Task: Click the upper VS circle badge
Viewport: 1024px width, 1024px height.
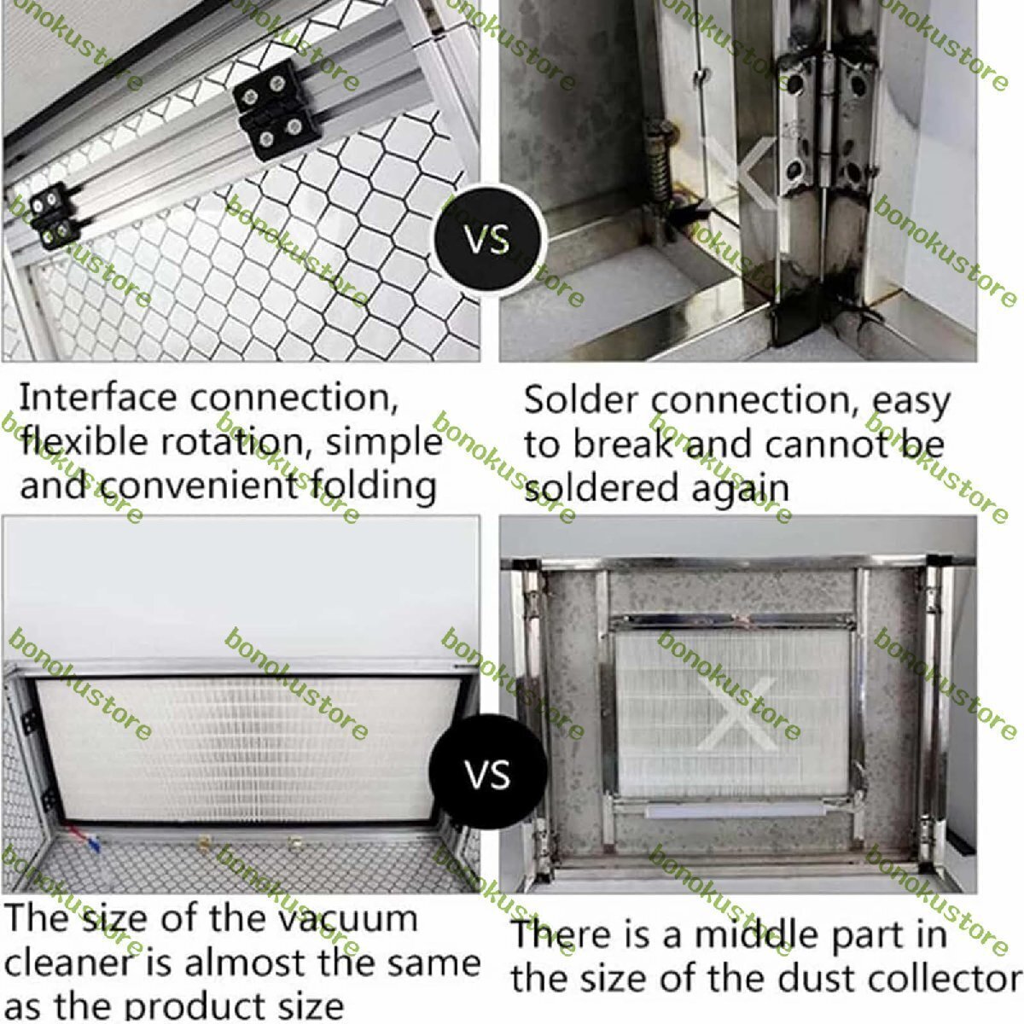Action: tap(490, 241)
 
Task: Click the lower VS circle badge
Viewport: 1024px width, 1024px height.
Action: tap(488, 774)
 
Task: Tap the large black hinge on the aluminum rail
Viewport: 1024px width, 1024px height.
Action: tap(276, 110)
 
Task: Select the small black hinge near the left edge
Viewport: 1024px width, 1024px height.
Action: tap(53, 215)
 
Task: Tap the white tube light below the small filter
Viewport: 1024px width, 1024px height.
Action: tap(736, 811)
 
